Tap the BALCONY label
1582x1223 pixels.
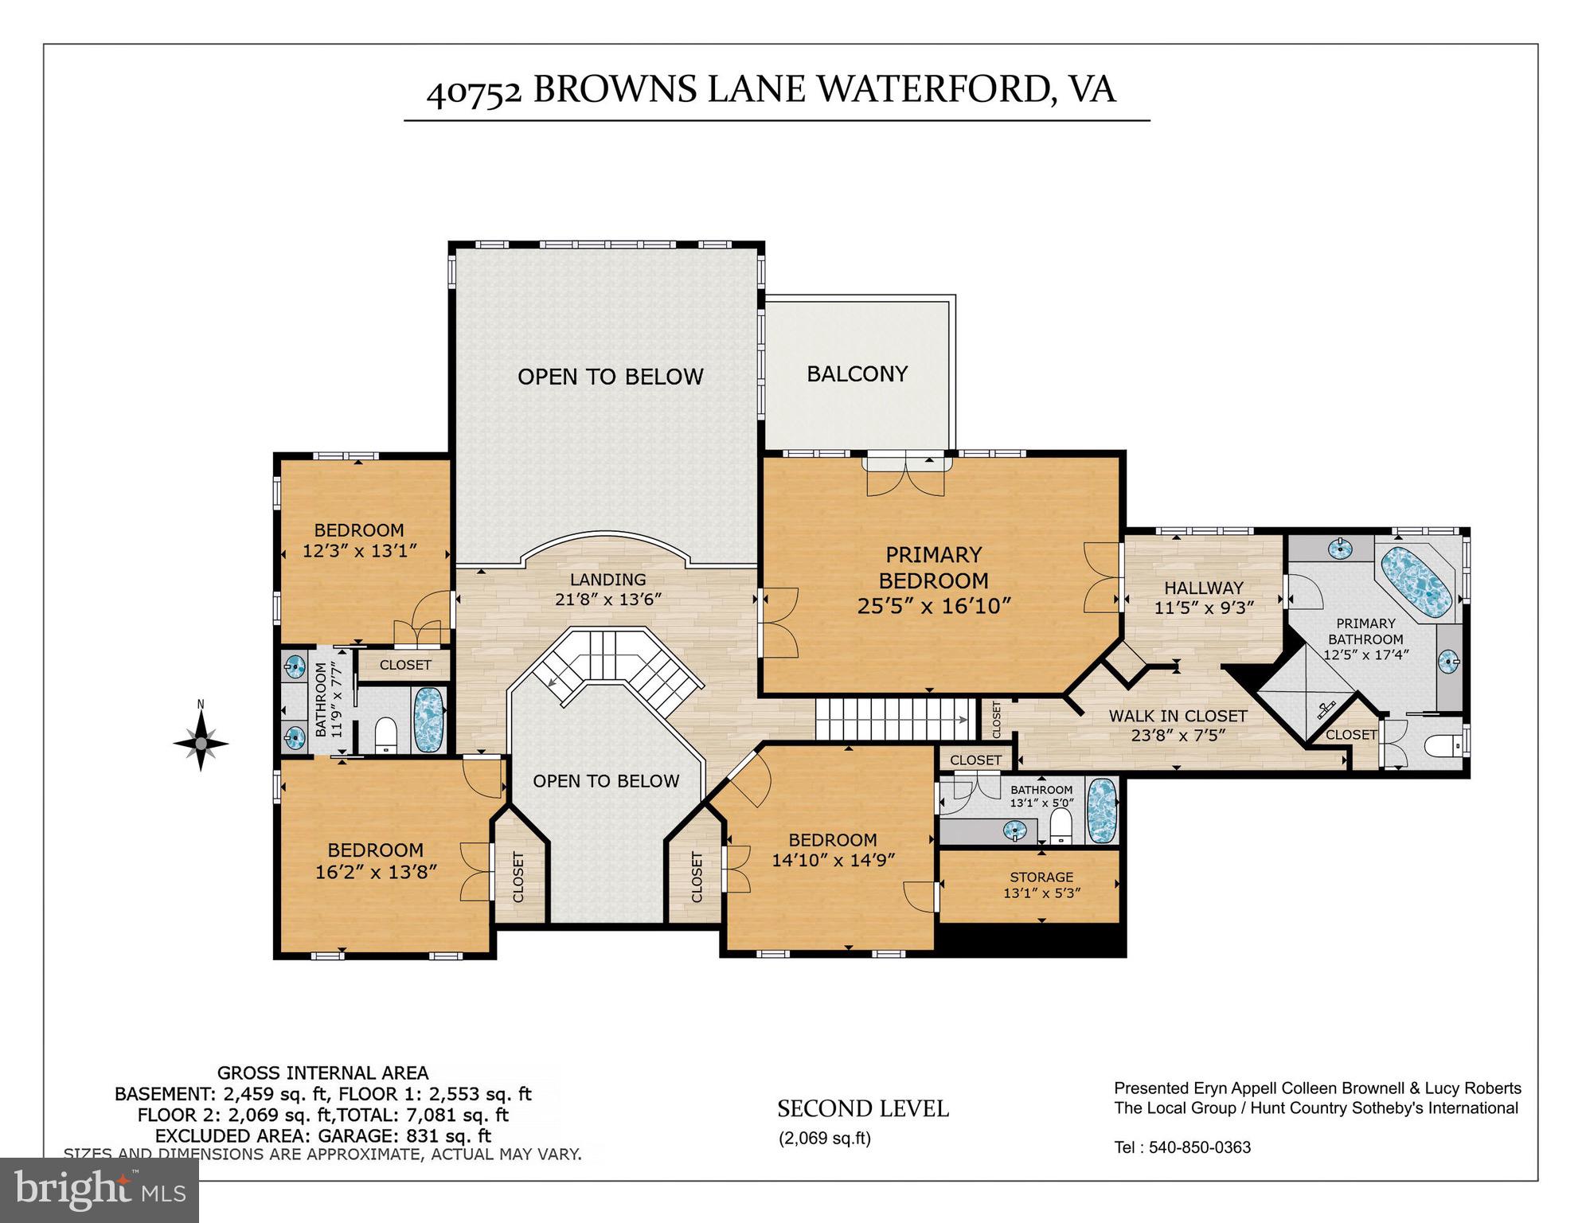tap(857, 374)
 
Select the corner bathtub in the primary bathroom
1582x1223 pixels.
tap(1416, 582)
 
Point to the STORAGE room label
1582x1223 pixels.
tap(1041, 877)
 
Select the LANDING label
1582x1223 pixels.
tap(607, 580)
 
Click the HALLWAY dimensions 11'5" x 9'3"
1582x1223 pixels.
tap(1204, 608)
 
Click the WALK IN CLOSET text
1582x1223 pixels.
tap(1178, 716)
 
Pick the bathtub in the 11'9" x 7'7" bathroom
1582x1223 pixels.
tap(428, 719)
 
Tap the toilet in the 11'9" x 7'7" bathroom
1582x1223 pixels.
tap(385, 734)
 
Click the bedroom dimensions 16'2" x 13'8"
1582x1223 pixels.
tap(376, 872)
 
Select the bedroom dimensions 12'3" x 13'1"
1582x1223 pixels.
tap(359, 550)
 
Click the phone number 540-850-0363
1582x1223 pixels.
tap(1200, 1147)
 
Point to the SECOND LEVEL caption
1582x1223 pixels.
tap(862, 1109)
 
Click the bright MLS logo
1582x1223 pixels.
tap(100, 1190)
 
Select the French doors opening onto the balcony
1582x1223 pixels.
tap(906, 475)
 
